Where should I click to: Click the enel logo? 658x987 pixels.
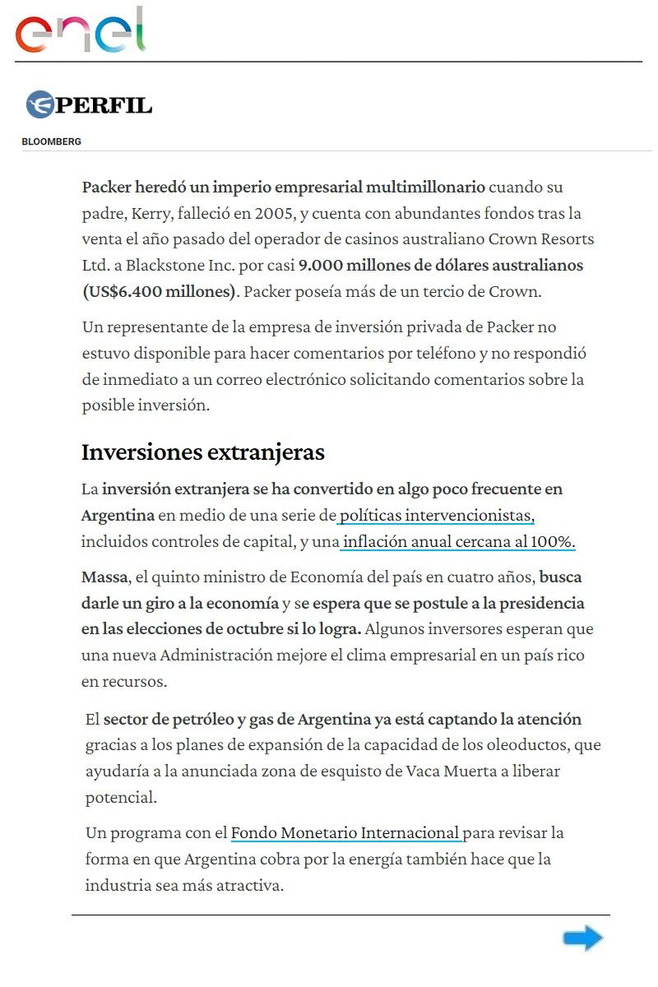tap(81, 31)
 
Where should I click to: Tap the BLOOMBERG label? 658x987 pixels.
tap(51, 141)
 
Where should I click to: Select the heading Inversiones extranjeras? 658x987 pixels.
tap(202, 452)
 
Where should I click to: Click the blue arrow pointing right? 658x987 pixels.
tap(582, 938)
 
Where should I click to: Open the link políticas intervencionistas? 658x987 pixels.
tap(437, 516)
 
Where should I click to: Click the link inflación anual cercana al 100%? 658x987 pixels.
tap(458, 542)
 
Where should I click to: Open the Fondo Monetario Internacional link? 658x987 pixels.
tap(345, 832)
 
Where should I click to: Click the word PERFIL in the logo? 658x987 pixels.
tap(104, 105)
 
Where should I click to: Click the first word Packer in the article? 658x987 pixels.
tap(107, 187)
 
